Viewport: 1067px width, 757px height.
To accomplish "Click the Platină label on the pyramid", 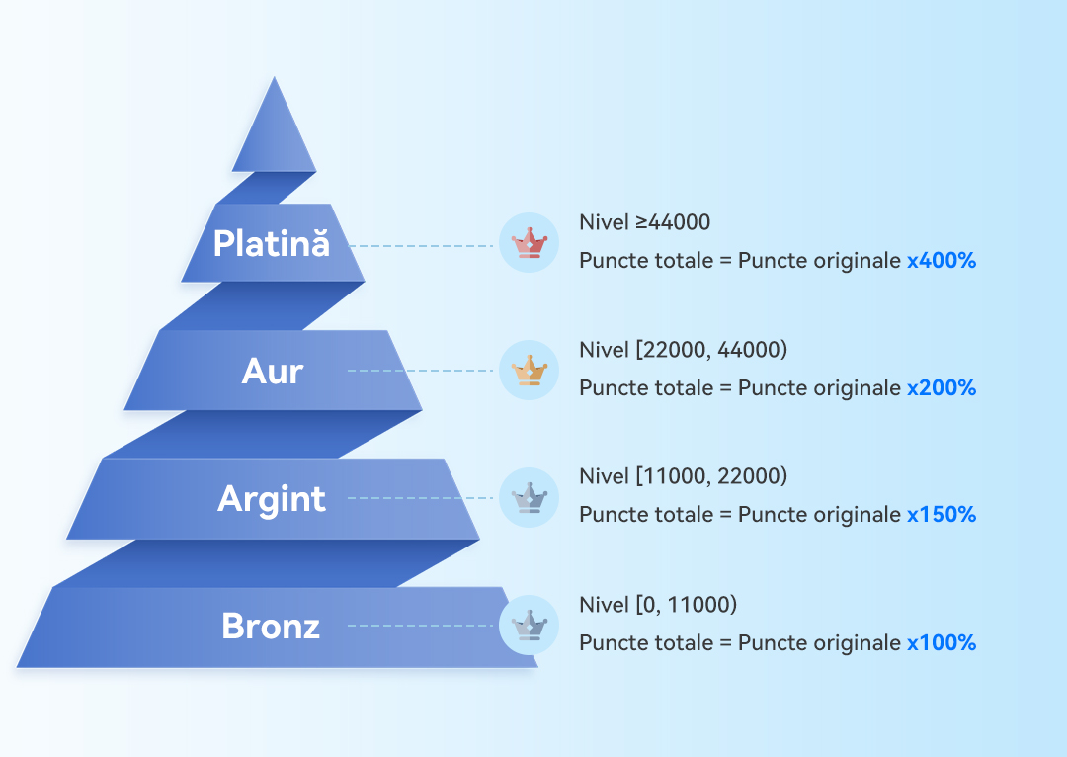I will click(272, 243).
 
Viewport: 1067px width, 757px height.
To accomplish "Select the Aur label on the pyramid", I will click(273, 372).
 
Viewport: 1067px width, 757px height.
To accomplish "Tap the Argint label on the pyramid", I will click(272, 499).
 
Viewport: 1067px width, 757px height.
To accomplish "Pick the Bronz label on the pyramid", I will click(271, 626).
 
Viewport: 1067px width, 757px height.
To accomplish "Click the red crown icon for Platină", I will click(529, 243).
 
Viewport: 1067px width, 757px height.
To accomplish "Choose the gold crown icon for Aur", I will click(529, 371).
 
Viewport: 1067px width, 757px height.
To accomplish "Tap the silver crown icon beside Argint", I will click(529, 497).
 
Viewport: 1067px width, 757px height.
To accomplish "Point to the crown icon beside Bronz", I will click(529, 625).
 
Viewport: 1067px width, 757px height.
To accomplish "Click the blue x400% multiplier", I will click(942, 261).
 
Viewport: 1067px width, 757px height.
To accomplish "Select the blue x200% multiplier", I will click(942, 388).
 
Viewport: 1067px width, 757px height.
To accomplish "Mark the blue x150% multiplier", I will click(942, 515).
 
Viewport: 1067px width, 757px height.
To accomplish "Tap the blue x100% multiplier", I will click(942, 643).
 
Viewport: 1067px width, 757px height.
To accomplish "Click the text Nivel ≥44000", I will click(644, 222).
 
